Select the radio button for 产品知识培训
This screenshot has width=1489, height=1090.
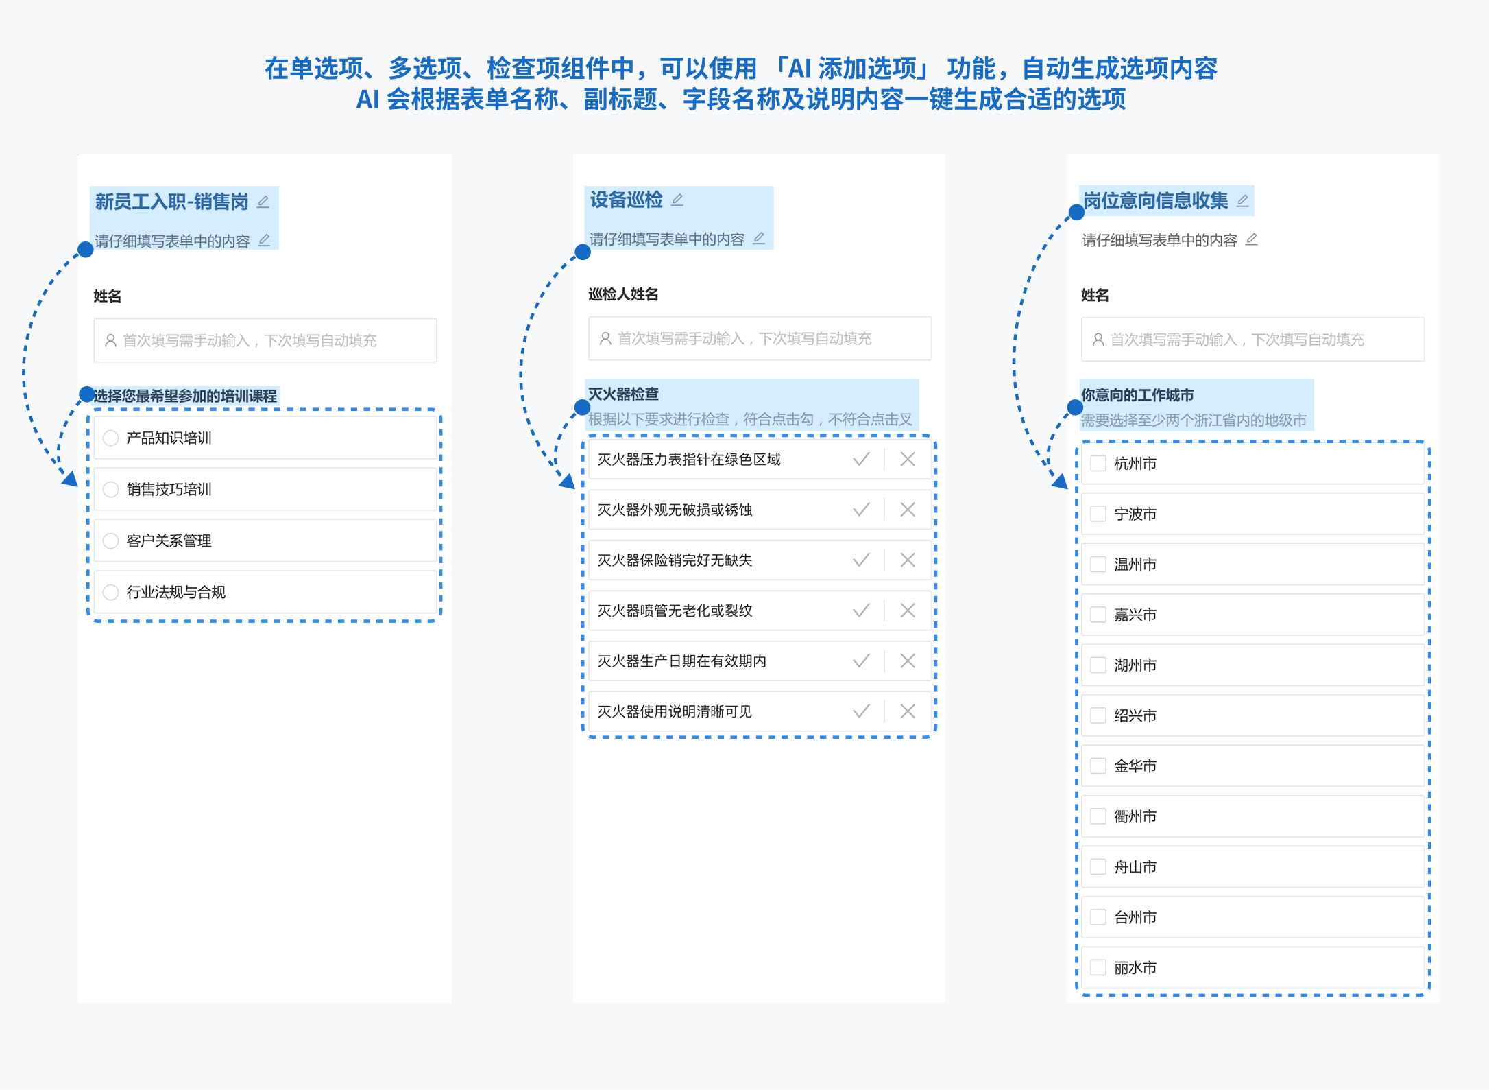(110, 438)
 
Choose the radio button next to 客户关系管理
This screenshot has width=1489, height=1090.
(110, 541)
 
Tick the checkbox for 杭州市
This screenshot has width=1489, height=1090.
(1098, 463)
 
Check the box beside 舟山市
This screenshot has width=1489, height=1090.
(1098, 866)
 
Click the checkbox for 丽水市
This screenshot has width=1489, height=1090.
(1098, 967)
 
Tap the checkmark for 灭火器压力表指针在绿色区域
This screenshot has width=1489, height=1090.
(861, 459)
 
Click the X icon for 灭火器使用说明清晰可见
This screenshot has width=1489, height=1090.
(908, 711)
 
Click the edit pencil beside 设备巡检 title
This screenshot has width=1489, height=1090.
(677, 200)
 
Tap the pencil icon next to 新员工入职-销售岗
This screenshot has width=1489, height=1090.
(263, 202)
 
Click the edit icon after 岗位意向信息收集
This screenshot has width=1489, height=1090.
(1242, 200)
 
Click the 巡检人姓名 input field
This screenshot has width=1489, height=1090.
(760, 338)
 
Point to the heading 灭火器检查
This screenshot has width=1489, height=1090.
(623, 394)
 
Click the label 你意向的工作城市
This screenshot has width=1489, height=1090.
(1137, 395)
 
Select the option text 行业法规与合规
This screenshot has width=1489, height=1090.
(176, 592)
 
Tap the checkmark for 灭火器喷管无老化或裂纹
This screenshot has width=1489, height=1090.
(861, 611)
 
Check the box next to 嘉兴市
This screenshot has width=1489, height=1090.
(1098, 615)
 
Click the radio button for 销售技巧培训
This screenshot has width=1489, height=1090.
(110, 489)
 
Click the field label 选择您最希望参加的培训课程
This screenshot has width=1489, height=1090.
(185, 396)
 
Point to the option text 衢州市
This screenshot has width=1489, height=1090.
(1135, 816)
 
